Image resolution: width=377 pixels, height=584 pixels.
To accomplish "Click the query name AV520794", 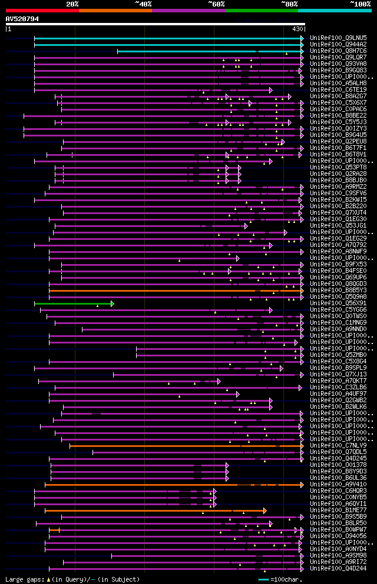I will (22, 19).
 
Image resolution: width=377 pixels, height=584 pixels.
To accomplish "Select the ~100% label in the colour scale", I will (360, 4).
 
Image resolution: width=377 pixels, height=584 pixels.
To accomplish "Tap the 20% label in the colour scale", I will (72, 4).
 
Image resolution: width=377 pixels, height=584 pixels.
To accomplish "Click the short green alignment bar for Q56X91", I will (73, 303).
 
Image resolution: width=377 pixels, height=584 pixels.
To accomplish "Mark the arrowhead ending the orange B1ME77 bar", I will (265, 510).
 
